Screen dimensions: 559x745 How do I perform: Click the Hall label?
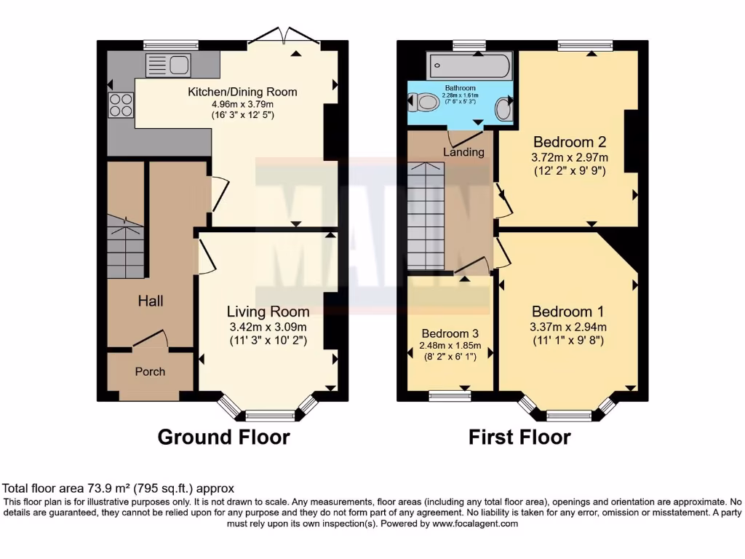click(151, 301)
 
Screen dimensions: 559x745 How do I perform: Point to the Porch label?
click(150, 371)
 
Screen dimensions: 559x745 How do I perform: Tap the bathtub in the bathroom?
click(470, 67)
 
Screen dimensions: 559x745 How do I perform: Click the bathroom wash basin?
click(502, 110)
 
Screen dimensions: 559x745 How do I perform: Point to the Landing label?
click(463, 152)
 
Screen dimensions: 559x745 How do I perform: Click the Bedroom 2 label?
click(570, 141)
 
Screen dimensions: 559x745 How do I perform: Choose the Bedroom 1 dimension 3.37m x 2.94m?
click(567, 327)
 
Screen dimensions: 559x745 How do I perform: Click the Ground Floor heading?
click(223, 437)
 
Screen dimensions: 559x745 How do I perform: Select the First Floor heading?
click(519, 437)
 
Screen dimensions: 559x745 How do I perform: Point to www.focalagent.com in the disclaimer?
click(474, 523)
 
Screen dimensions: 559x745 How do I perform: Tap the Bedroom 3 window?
click(449, 397)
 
